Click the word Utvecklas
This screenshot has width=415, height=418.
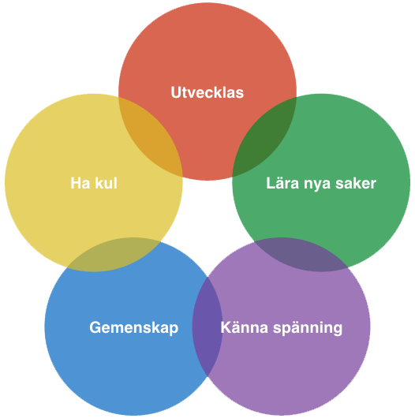click(207, 92)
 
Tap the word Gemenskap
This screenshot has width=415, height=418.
click(133, 327)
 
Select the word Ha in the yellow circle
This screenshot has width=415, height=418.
click(80, 183)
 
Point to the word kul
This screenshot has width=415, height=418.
click(107, 183)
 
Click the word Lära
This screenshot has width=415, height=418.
click(282, 183)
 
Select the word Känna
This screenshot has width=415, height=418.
click(245, 327)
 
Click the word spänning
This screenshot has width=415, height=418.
click(308, 328)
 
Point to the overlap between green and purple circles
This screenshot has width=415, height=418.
click(301, 254)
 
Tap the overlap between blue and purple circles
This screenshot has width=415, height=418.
click(207, 327)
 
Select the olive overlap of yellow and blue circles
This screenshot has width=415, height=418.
click(114, 254)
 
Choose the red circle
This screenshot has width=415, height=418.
click(207, 54)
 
